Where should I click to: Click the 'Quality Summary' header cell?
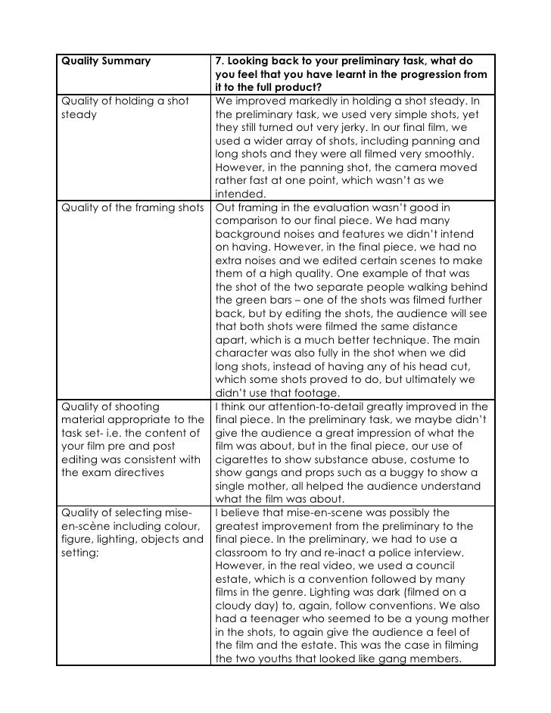pyautogui.click(x=105, y=61)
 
